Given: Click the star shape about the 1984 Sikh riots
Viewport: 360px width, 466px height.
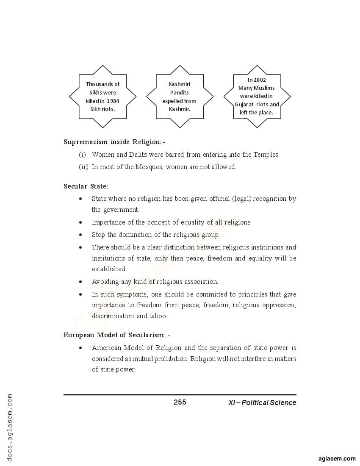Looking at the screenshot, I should click(x=102, y=97).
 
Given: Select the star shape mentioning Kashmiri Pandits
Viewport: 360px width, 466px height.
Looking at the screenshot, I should click(x=180, y=97).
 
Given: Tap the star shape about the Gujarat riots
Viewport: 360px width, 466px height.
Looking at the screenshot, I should click(x=257, y=97).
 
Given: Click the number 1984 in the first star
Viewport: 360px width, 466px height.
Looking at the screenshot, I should click(x=113, y=101).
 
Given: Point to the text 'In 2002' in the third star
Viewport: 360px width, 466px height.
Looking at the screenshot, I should click(x=257, y=80).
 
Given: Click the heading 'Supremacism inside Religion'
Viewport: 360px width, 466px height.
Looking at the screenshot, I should click(x=114, y=142).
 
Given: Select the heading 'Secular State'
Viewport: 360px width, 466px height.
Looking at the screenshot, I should click(x=87, y=186).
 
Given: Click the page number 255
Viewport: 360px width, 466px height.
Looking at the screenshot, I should click(x=180, y=402).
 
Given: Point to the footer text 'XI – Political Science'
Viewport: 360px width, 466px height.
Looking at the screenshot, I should click(x=262, y=402).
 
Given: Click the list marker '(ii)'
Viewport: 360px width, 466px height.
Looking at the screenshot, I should click(x=83, y=167).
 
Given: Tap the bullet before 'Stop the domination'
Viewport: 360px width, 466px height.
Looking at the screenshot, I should click(x=80, y=235).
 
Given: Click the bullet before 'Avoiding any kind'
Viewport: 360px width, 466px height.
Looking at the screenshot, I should click(x=80, y=282).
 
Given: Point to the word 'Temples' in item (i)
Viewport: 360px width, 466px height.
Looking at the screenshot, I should click(x=266, y=155).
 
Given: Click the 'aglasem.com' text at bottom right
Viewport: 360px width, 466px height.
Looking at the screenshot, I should click(x=337, y=458).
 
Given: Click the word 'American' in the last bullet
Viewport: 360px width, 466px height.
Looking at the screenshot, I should click(x=106, y=348).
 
